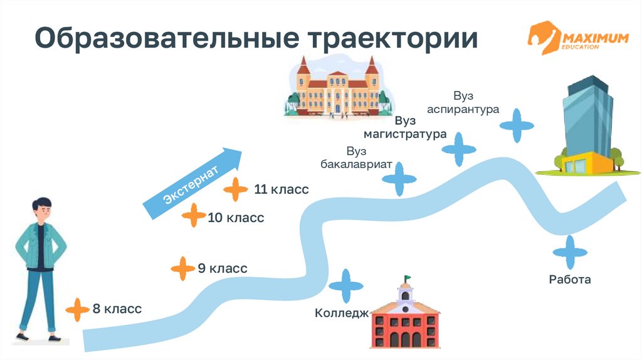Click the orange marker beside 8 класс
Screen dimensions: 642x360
click(77, 309)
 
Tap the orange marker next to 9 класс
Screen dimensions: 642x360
click(182, 268)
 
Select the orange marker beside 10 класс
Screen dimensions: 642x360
click(193, 216)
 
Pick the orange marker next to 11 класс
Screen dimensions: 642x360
click(236, 189)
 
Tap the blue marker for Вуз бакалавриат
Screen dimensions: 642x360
click(399, 179)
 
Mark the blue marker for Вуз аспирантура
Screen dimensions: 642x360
click(517, 125)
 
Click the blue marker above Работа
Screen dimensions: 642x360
click(570, 252)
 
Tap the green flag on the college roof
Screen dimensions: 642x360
click(408, 278)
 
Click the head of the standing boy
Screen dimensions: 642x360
click(43, 209)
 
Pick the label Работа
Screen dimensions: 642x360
click(569, 280)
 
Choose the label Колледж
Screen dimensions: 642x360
click(341, 313)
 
